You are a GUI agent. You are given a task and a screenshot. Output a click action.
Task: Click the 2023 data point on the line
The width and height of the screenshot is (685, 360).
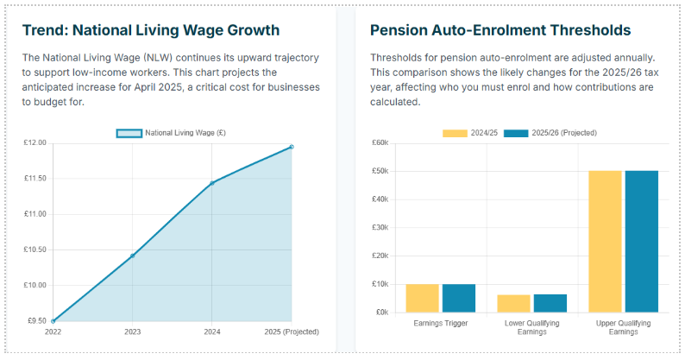coord(132,256)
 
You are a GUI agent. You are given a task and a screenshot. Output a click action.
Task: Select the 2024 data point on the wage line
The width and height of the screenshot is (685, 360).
coord(211,183)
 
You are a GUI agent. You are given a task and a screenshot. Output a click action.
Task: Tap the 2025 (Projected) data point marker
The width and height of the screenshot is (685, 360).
coord(292,147)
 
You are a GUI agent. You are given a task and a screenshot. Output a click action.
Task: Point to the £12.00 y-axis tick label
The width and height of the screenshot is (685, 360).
coord(35,142)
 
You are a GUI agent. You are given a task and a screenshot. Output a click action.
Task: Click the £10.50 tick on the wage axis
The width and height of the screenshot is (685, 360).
coord(35,249)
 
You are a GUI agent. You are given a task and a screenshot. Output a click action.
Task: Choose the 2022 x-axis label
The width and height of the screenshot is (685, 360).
coord(53,332)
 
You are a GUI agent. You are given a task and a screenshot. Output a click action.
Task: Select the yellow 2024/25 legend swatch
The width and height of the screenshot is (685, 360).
coord(454,133)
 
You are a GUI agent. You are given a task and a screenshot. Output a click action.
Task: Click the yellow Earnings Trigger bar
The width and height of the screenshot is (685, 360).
coord(423,298)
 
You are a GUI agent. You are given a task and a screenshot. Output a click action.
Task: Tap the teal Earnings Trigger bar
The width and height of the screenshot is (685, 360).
coord(459,298)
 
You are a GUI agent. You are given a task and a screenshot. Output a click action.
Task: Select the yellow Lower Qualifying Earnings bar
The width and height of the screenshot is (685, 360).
coord(514,303)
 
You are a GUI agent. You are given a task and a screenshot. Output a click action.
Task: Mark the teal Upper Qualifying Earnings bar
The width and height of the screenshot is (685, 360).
coord(642,242)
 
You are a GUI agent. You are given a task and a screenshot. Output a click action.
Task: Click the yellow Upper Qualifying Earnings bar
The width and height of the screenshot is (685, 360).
coord(606,242)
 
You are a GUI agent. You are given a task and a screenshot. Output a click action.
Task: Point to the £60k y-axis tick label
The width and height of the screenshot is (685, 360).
coord(380,143)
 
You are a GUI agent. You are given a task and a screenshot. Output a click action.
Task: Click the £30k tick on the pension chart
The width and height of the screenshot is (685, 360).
coord(380,228)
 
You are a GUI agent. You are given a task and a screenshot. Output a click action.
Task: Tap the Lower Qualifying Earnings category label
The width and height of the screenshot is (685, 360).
coord(532,327)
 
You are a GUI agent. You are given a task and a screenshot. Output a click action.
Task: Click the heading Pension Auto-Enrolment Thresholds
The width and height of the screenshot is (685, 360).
coord(500,31)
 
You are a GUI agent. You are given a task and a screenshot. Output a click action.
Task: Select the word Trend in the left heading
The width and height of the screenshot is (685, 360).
coord(43,31)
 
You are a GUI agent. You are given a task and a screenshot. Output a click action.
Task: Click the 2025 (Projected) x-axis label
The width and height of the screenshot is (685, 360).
coord(291,332)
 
